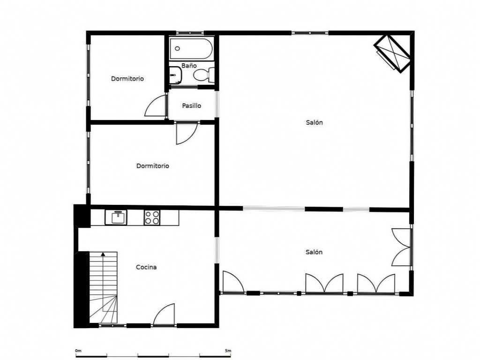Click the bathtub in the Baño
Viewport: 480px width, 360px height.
pos(191,48)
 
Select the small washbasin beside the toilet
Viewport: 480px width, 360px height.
pos(176,75)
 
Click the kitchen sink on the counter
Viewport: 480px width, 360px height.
pos(116,217)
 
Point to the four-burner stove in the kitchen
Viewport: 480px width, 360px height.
pos(152,217)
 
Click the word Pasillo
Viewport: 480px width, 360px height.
pos(192,105)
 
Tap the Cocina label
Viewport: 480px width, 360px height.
pos(146,267)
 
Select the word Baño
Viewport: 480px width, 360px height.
pos(189,66)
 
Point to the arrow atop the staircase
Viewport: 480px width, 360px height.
pos(103,254)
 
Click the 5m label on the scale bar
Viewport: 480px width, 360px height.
pos(228,351)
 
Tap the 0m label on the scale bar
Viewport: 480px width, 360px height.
pos(78,351)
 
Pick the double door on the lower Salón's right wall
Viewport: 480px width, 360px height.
pos(401,247)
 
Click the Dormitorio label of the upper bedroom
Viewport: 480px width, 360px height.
pos(127,79)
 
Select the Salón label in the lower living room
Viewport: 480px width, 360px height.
pos(314,252)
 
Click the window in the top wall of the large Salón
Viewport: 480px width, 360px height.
pos(310,32)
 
